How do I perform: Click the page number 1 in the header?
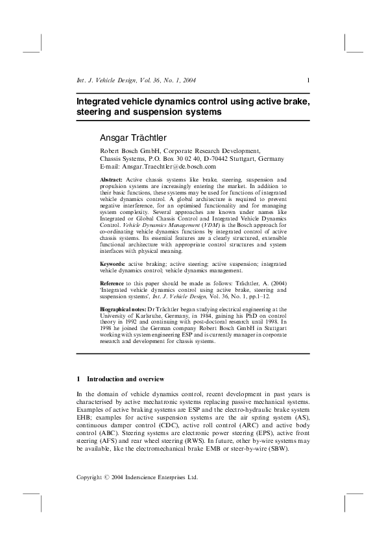[308, 80]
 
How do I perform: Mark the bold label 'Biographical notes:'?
[123, 311]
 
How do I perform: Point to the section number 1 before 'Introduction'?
[78, 379]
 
